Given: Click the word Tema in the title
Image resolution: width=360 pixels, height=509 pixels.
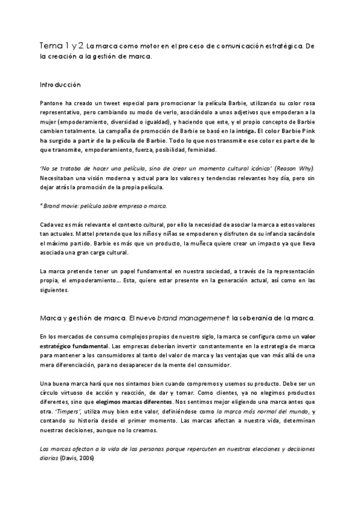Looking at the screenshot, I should pyautogui.click(x=50, y=46).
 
